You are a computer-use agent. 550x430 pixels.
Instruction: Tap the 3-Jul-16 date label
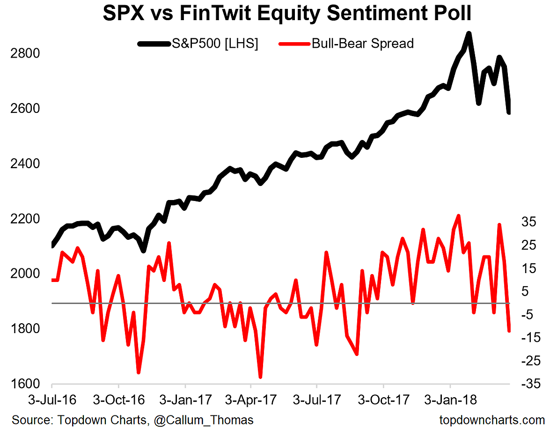click(51, 401)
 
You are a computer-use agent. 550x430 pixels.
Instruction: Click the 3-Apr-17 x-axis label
click(250, 401)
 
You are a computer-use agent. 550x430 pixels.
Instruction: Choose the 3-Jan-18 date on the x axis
click(450, 401)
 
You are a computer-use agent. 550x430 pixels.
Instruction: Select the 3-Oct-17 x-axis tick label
click(383, 401)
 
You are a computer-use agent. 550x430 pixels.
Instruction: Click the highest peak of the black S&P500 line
click(469, 34)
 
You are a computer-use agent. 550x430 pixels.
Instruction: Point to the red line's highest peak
click(458, 216)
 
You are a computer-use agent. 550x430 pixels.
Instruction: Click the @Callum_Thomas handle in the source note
click(201, 420)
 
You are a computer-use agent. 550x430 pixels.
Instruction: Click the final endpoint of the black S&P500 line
click(509, 112)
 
